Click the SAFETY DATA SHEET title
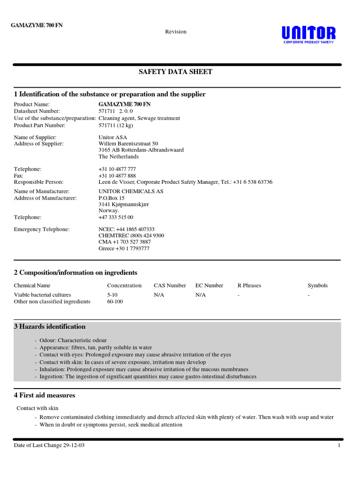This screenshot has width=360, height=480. coord(175,72)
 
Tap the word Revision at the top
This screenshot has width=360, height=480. coord(176,32)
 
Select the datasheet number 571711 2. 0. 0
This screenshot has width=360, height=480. coord(116,111)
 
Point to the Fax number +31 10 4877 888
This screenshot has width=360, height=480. coord(117,175)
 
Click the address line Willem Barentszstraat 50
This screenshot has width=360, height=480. coord(128,143)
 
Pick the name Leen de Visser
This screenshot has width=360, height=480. coord(116,182)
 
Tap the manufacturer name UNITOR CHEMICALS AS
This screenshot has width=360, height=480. coord(131,191)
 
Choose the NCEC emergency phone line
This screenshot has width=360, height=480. coord(127,229)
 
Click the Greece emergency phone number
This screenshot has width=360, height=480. coord(124,248)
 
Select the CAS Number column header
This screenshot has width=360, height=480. coord(170,285)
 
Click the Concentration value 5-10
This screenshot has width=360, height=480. coord(112,295)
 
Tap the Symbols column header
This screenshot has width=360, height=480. coord(317,285)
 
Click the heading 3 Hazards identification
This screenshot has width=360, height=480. coord(50,327)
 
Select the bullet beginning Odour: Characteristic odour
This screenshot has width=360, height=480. coord(73,340)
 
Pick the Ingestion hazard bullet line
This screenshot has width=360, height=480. coord(148,376)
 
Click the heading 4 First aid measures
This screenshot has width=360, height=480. coord(45,395)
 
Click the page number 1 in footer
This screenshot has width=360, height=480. coord(338,445)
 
